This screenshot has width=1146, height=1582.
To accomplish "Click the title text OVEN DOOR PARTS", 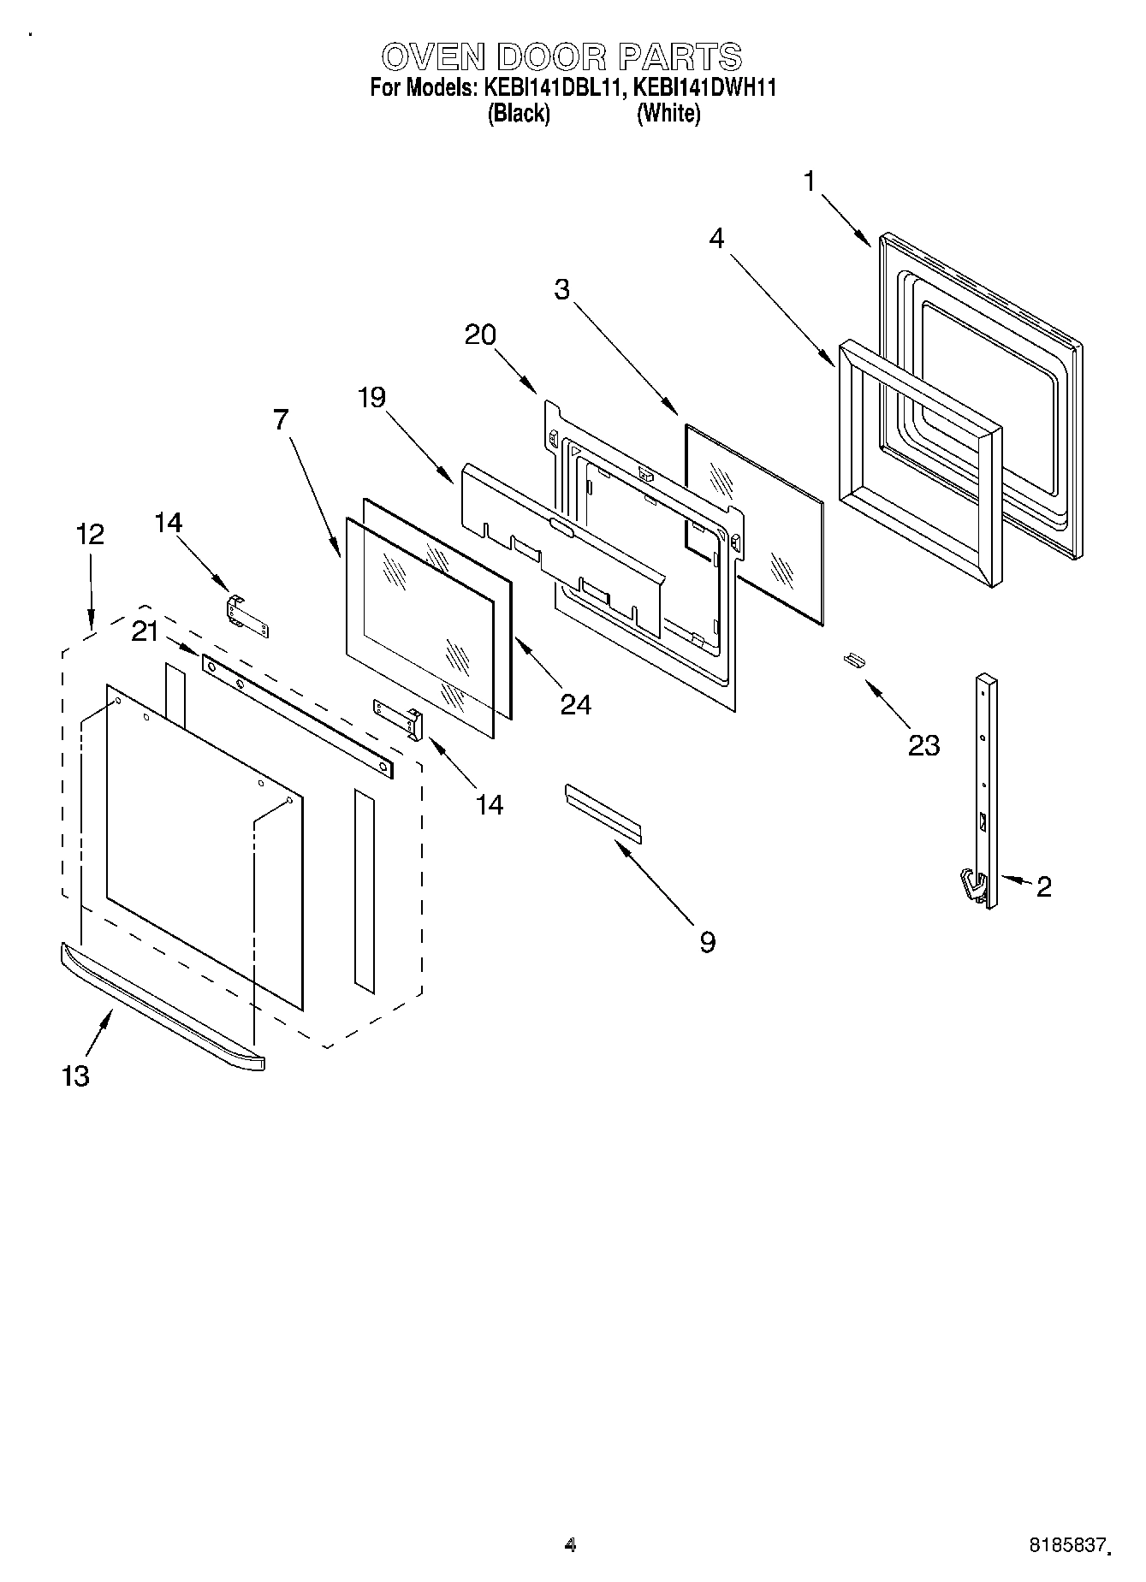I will click(561, 57).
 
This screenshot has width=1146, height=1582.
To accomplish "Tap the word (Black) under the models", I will click(518, 113).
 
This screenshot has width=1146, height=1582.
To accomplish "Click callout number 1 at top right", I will click(810, 181).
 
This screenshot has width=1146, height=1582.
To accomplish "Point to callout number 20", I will click(480, 335).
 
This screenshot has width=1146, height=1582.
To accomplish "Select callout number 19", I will click(371, 397).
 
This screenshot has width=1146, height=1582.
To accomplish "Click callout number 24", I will click(576, 704).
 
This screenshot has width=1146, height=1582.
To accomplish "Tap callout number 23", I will click(924, 745).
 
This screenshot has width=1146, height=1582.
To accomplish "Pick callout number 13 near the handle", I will click(76, 1075).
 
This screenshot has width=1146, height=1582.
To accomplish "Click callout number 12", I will click(90, 534).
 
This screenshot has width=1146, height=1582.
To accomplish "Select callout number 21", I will click(145, 632).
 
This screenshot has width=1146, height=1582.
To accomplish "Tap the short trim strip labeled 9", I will click(603, 810).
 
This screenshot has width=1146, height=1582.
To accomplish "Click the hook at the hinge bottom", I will click(971, 885).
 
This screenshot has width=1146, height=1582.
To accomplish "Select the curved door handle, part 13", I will click(163, 1006).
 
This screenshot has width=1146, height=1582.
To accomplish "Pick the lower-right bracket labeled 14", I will click(398, 716).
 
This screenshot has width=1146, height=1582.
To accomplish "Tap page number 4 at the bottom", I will click(571, 1545).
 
